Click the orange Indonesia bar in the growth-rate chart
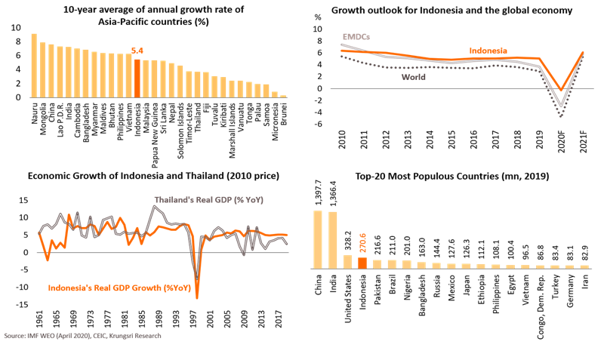pos(137,78)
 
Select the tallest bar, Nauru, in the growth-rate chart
pos(34,65)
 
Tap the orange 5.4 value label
pos(137,51)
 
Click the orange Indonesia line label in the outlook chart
pos(487,50)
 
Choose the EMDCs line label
pos(356,36)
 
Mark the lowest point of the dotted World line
pos(559,117)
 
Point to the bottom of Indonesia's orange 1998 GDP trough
pos(198,299)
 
